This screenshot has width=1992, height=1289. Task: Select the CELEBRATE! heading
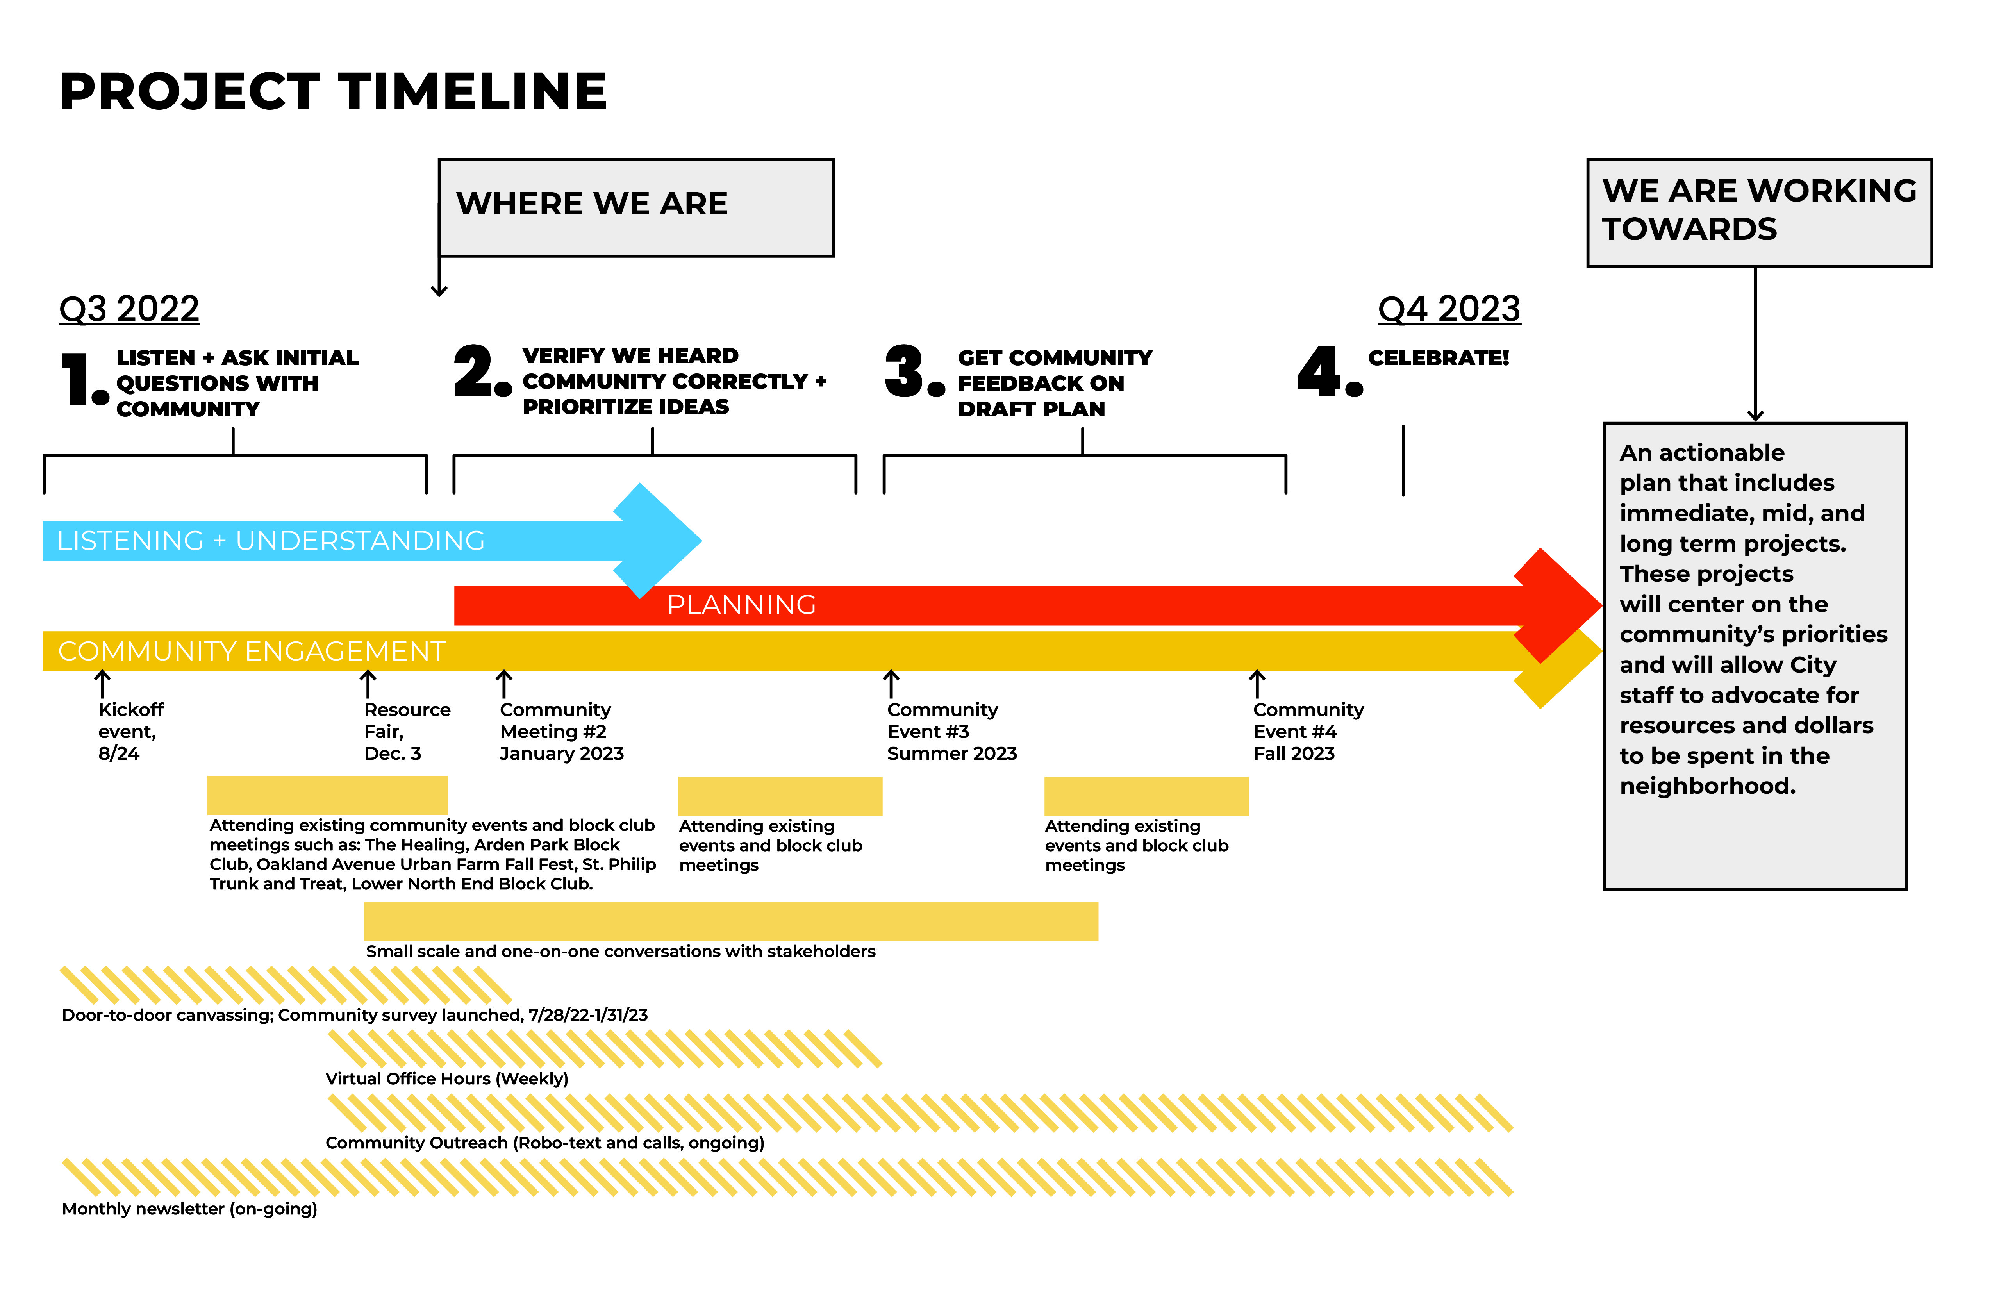tap(1438, 358)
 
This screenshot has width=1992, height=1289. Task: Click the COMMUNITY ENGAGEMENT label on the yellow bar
tap(251, 651)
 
